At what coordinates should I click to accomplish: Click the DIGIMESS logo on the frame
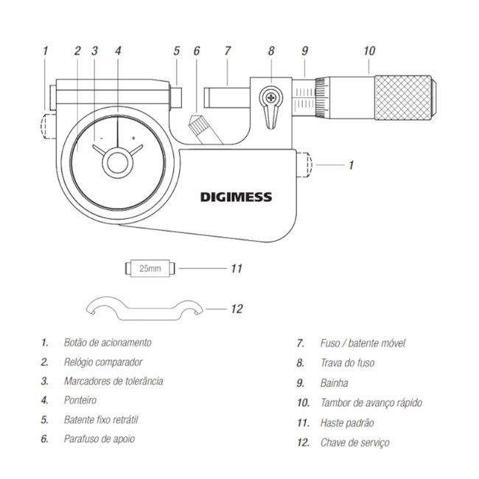pos(236,197)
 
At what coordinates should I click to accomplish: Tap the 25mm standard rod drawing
pos(150,268)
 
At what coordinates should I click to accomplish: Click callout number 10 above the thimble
pos(368,51)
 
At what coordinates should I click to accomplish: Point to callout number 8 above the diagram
pos(271,51)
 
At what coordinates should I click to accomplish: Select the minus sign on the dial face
pos(102,138)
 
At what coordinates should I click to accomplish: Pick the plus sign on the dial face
pos(133,138)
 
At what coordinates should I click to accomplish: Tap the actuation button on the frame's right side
pos(307,165)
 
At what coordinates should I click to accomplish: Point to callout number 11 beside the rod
pos(236,269)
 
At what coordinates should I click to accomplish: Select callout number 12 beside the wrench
pos(236,309)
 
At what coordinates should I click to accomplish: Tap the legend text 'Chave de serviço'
pos(354,442)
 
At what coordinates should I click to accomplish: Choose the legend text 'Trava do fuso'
pos(347,363)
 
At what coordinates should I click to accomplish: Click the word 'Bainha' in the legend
pos(334,382)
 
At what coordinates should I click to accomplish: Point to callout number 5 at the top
pos(177,51)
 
